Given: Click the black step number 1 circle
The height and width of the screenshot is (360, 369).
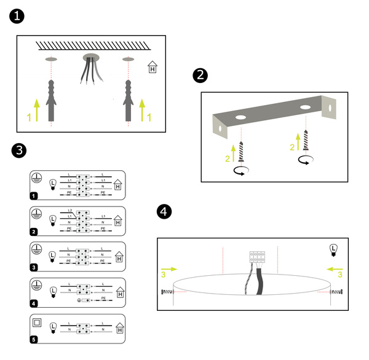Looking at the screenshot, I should [x=18, y=17].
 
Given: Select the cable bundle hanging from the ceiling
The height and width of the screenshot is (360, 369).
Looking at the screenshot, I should [x=90, y=69].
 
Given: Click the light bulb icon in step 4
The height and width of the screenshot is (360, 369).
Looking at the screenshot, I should [x=333, y=249].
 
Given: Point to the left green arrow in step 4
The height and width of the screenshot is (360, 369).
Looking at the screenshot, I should [x=169, y=268].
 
